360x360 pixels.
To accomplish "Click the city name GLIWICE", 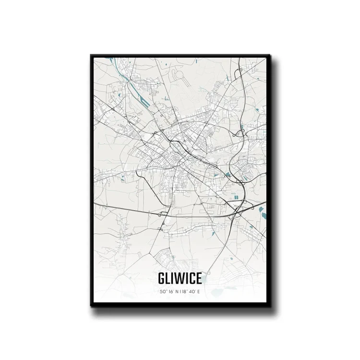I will pyautogui.click(x=179, y=279).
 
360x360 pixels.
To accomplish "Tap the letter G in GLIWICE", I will pyautogui.click(x=160, y=279).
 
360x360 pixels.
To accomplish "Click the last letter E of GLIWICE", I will pyautogui.click(x=199, y=279).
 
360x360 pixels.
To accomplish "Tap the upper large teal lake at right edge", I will pyautogui.click(x=262, y=209).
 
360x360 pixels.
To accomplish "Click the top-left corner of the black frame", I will pyautogui.click(x=91, y=55).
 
